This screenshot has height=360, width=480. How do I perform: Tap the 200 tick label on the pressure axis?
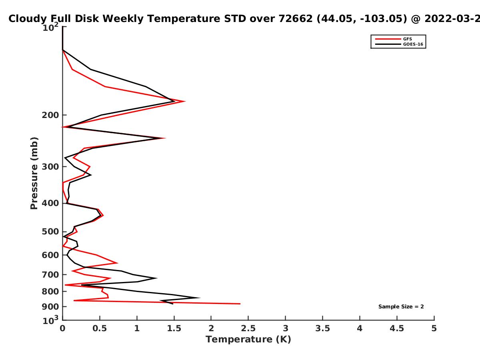coord(50,115)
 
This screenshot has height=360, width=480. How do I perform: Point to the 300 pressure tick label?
coord(50,167)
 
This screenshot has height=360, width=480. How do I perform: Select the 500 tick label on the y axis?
coord(50,232)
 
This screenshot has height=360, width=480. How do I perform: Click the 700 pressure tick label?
coord(50,275)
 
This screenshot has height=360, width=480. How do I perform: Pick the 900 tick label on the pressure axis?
coord(50,307)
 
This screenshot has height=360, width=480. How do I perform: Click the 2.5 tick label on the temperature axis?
coord(248,328)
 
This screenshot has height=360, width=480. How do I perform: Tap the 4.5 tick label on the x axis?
coord(397,328)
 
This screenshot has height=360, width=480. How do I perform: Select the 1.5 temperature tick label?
coord(174,328)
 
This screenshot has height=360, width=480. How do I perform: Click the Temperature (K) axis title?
coord(248,340)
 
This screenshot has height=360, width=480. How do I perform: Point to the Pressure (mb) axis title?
coord(34,173)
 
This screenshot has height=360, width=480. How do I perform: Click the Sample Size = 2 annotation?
coord(401,307)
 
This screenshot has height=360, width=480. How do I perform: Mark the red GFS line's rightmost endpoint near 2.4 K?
coord(240,304)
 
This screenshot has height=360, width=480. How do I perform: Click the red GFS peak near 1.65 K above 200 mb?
coord(185,101)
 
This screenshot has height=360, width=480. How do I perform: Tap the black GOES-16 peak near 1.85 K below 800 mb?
coord(200,298)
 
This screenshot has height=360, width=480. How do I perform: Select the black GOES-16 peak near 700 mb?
coord(157,278)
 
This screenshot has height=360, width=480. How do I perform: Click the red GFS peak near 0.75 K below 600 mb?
coord(118,263)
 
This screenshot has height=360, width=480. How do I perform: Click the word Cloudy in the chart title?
coord(28,19)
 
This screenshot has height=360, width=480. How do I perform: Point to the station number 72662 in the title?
coord(296,19)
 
